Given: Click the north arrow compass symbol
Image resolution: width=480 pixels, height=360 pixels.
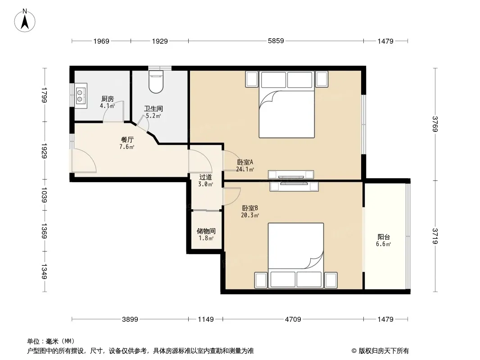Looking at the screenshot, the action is point(25,20).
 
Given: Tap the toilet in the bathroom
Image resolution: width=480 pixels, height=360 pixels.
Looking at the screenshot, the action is point(156,81).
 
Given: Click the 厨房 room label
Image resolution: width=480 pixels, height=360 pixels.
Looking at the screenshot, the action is point(108,99).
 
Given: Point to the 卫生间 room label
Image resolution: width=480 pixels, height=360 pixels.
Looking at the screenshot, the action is point(154,108).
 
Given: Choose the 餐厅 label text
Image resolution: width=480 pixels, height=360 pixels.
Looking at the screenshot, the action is point(127,140).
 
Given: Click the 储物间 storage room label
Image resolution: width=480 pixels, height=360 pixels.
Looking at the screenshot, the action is point(206,231).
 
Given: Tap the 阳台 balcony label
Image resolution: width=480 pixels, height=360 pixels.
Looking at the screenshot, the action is point(384,237).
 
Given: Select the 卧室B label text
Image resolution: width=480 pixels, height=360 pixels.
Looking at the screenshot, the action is point(250,208).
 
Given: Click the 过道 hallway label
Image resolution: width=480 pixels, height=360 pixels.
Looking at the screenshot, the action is point(205,177).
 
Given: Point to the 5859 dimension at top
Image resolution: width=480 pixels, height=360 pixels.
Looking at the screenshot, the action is point(276,40).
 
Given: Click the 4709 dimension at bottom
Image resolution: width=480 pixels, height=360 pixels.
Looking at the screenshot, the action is point(293,319).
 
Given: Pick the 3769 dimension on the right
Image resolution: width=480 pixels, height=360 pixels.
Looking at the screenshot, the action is point(435,124).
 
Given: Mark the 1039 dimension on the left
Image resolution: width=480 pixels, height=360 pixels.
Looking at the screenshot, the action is point(44,195).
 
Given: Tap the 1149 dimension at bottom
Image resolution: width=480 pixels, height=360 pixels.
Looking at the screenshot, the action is point(206,319).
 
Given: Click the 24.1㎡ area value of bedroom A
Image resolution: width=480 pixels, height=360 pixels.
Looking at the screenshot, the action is point(245,169).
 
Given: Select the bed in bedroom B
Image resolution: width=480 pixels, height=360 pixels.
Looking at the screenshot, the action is point(296,256).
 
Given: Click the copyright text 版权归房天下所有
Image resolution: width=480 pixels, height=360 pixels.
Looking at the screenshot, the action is point(384,351).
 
